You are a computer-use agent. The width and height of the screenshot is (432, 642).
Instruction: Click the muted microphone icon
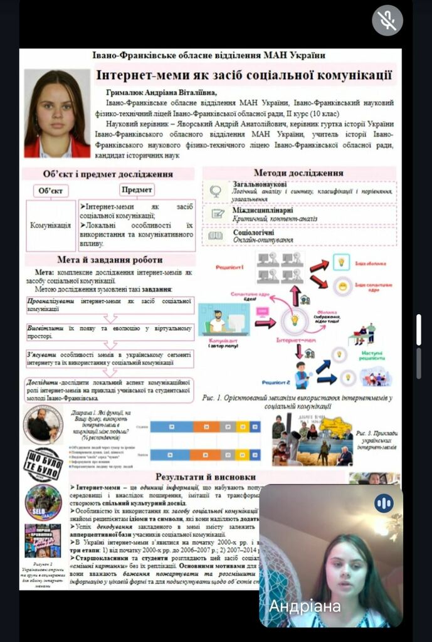pyautogui.click(x=387, y=21)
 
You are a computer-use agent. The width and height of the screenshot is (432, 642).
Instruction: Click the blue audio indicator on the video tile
pyautogui.click(x=384, y=503)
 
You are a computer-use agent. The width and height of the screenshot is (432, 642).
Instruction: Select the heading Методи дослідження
pyautogui.click(x=298, y=172)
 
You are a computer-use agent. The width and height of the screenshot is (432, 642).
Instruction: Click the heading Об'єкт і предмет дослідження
pyautogui.click(x=108, y=174)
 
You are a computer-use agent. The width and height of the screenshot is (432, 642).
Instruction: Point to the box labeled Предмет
pyautogui.click(x=137, y=189)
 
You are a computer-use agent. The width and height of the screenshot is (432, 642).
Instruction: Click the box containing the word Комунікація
pyautogui.click(x=51, y=224)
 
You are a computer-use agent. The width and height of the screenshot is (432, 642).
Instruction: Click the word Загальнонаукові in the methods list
pyautogui.click(x=259, y=184)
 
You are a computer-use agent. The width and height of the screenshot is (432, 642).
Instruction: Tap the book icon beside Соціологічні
pyautogui.click(x=216, y=236)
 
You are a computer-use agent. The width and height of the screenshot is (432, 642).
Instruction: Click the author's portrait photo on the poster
pyautogui.click(x=57, y=113)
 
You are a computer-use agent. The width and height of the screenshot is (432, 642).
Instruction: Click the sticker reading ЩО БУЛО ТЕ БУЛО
pyautogui.click(x=43, y=464)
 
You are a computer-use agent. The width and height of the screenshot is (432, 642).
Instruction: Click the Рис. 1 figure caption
pyautogui.click(x=297, y=401)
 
